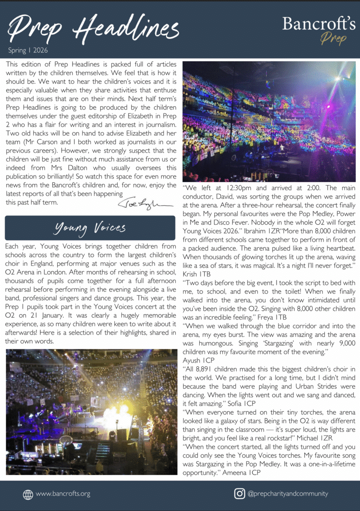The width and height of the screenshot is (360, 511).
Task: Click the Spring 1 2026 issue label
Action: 28,50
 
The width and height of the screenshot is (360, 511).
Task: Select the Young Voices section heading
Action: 90,228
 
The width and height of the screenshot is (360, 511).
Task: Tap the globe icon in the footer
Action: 28,494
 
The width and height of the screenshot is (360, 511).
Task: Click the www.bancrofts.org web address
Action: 63,494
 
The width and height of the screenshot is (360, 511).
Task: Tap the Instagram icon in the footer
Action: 239,494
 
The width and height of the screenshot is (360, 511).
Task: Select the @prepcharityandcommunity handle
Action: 287,494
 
